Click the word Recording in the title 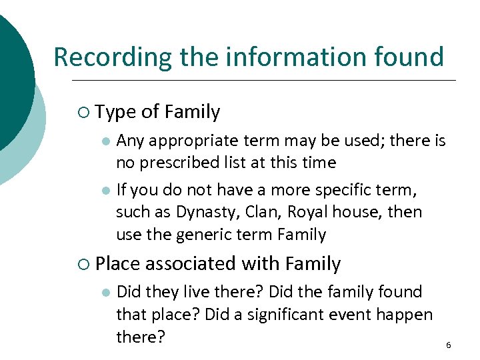coord(109,57)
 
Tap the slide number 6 coord(448,345)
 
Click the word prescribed coord(187,163)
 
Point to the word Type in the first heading coord(115,113)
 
